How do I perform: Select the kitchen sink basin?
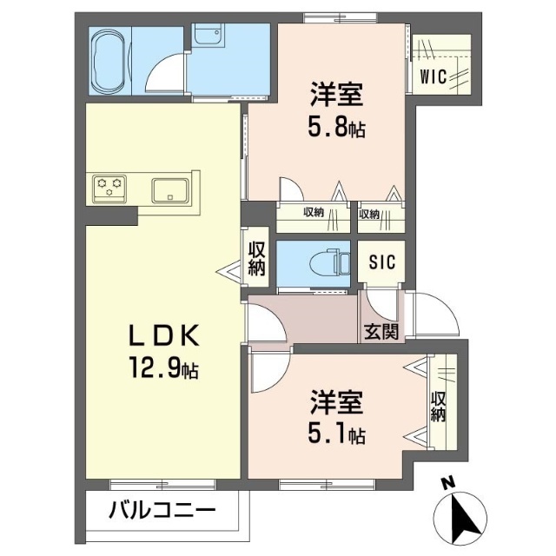[170, 190]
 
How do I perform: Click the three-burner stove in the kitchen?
[109, 189]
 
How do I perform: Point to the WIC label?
[433, 76]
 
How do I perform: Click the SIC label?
[382, 262]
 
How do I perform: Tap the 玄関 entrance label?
[381, 332]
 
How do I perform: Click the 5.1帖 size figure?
[336, 434]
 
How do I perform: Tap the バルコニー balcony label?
[162, 511]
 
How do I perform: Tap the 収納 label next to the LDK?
[257, 259]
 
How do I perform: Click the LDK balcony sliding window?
[162, 484]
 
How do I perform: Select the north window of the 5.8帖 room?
[340, 17]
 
